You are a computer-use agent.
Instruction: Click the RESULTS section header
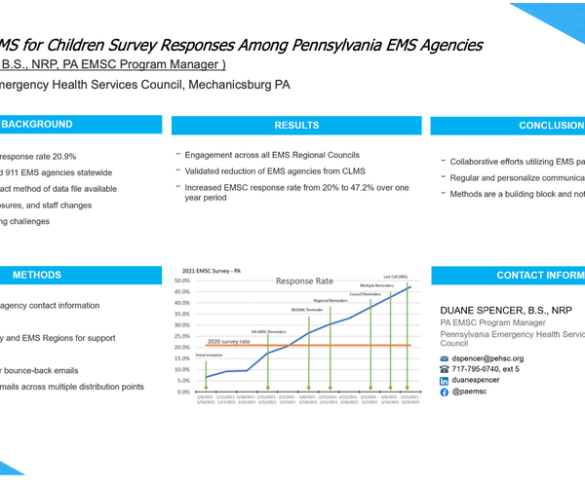[296, 126]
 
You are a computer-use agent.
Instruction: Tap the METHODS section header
[37, 276]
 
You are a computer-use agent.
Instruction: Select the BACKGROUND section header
[37, 126]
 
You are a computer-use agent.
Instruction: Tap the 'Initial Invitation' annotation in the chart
[209, 355]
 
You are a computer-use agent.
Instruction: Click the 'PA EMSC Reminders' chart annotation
[271, 331]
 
